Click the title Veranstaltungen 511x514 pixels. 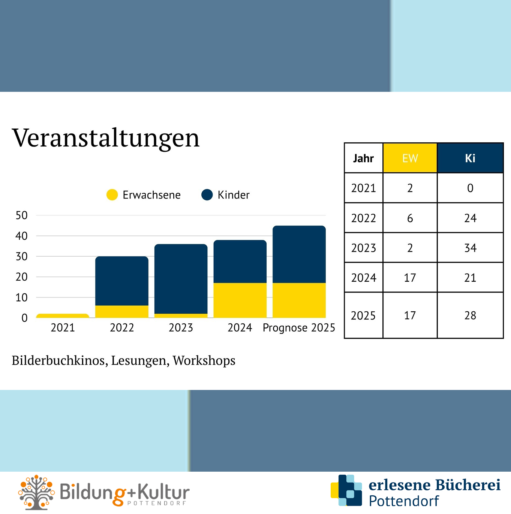(x=106, y=138)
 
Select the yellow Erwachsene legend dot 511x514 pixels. (x=112, y=195)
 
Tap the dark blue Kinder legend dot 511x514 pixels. (x=207, y=195)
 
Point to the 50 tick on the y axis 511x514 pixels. (x=22, y=215)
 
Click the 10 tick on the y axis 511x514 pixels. (x=22, y=298)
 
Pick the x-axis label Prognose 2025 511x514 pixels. (x=299, y=328)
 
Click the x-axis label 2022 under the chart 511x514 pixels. (x=122, y=328)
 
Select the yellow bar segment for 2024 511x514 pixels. (x=240, y=300)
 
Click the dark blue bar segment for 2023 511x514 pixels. (x=181, y=279)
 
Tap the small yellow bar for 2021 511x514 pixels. (x=63, y=316)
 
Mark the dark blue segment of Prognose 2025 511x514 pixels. (x=299, y=254)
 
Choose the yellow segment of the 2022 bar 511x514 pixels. (x=122, y=311)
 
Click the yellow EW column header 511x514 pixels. (x=410, y=158)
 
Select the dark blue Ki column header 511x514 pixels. (x=470, y=158)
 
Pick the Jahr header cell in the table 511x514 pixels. (x=363, y=158)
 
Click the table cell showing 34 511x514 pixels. (x=470, y=248)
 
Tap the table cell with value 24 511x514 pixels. (x=470, y=218)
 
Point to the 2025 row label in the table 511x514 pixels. (x=363, y=315)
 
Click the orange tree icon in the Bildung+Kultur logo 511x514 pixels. (x=36, y=492)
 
